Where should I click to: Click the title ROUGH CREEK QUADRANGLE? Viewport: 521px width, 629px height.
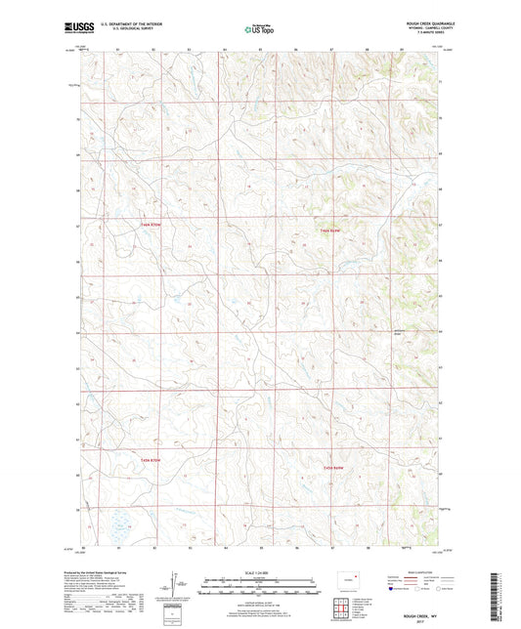[420, 23]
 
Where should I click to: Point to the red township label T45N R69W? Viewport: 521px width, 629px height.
[335, 468]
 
